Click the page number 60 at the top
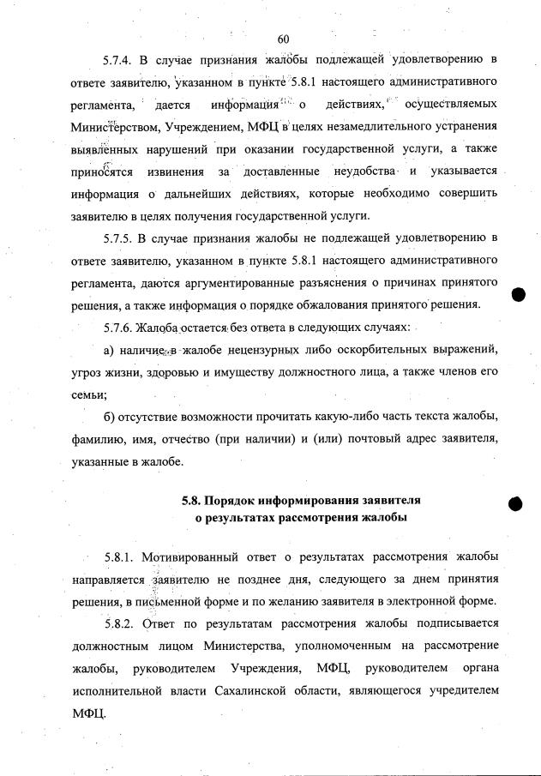pyautogui.click(x=284, y=38)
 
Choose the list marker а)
pyautogui.click(x=110, y=351)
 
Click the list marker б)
pyautogui.click(x=110, y=418)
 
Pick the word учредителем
pyautogui.click(x=460, y=689)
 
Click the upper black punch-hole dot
pyautogui.click(x=518, y=293)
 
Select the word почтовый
pyautogui.click(x=366, y=440)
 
